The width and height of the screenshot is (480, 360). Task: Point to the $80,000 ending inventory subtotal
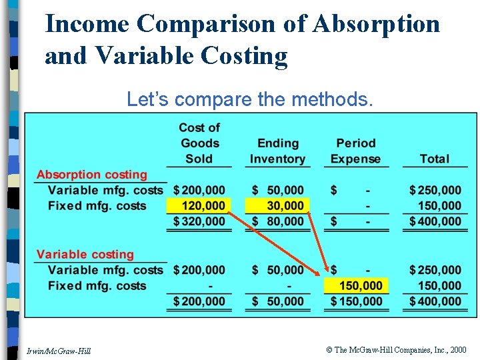click(277, 221)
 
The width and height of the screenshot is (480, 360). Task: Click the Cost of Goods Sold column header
click(199, 143)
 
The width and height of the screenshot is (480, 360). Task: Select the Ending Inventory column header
click(277, 151)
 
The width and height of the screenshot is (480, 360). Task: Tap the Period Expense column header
click(356, 151)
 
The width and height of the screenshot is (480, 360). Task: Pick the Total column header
click(434, 159)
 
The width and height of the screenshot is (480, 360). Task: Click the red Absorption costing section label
click(91, 175)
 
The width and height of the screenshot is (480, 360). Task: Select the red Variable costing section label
click(85, 255)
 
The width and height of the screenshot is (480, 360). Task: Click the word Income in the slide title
click(86, 24)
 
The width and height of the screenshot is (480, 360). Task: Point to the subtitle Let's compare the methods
click(249, 99)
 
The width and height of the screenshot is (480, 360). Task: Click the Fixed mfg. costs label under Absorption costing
click(97, 206)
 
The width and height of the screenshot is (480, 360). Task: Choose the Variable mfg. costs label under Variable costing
click(105, 270)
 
